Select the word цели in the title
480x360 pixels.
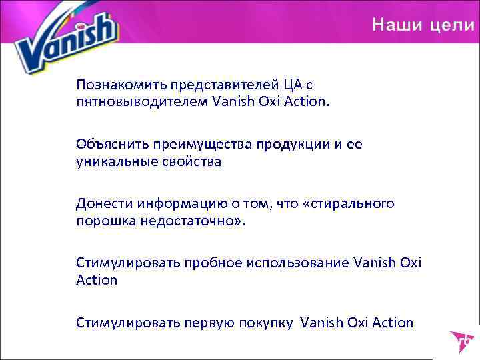[x=451, y=25]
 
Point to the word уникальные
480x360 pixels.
[x=111, y=161]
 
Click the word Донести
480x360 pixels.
[x=103, y=203]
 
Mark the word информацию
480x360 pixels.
[x=174, y=203]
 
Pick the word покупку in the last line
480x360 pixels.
[x=261, y=323]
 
